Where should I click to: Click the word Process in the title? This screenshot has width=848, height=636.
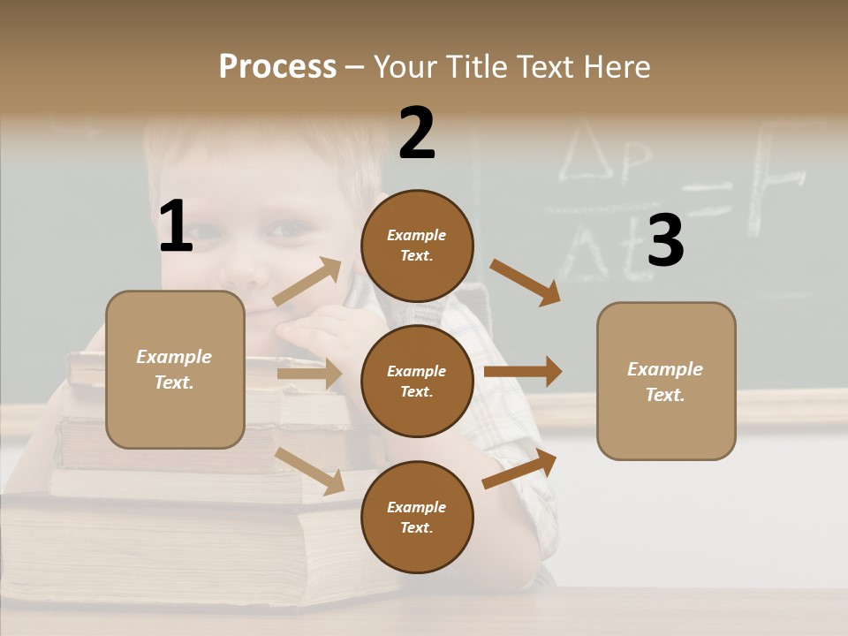coord(277,66)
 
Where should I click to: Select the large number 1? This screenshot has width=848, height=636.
coord(176,226)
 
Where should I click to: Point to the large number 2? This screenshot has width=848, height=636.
coord(417,133)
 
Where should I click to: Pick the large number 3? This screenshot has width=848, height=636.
coord(665,240)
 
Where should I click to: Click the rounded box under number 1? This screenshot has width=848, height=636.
coord(175,369)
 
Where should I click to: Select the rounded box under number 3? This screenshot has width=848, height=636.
coord(666,381)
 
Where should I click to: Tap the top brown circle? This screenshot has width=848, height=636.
coord(417,246)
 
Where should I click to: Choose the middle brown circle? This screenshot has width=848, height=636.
coord(417,381)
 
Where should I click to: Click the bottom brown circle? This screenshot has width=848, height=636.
coord(417,517)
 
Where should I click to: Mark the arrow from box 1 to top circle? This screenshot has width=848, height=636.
coord(307,283)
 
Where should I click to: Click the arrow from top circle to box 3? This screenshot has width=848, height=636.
coord(525,282)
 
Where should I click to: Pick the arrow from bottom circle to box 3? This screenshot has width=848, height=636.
coord(520,468)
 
